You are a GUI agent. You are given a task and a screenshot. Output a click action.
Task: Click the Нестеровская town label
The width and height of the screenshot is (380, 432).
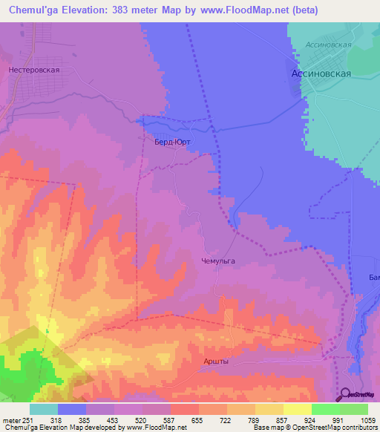[x=33, y=70]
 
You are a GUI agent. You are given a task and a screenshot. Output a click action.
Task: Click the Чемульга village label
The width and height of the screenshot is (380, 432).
[x=218, y=261]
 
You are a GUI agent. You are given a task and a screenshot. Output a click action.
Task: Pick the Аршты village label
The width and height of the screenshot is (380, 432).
[x=216, y=361]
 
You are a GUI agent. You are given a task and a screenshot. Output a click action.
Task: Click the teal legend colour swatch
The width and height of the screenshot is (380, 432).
[x=44, y=409]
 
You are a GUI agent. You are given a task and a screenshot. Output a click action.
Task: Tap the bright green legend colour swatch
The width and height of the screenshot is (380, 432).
[x=326, y=409]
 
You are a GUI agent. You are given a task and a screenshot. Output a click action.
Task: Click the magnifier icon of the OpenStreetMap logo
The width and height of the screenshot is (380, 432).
[x=345, y=394]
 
